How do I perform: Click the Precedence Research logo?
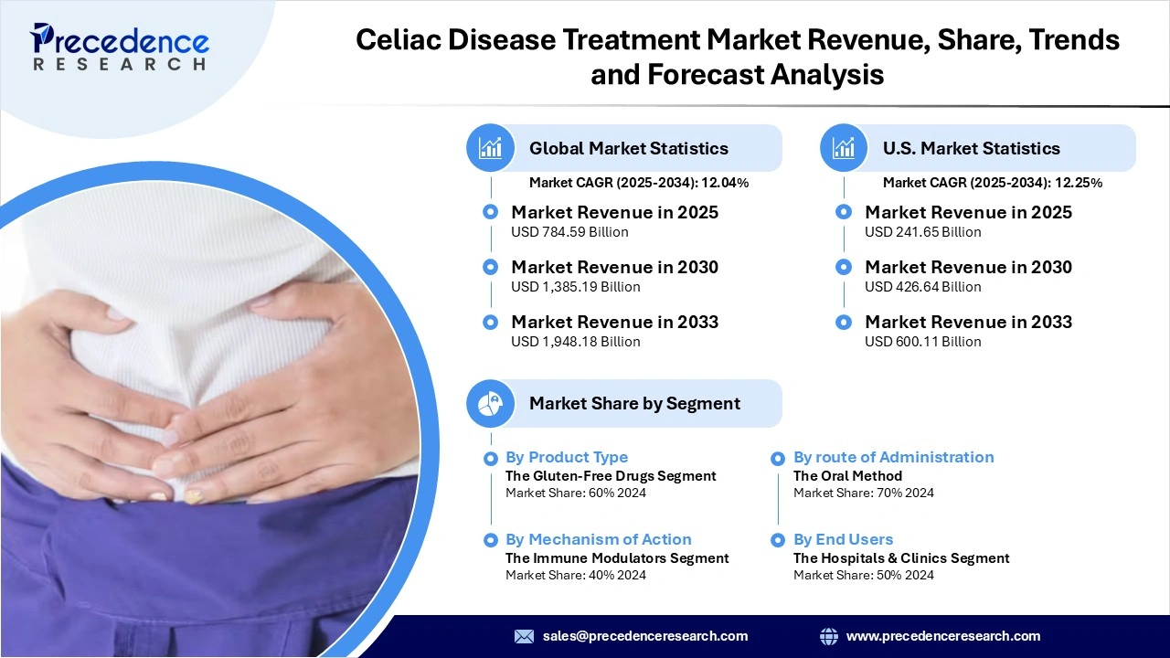[120, 46]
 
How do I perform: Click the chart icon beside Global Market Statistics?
[491, 148]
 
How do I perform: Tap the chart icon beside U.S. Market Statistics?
[844, 148]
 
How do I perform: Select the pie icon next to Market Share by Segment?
[491, 403]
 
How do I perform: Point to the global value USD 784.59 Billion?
[569, 232]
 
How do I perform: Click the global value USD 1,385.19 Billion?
[575, 287]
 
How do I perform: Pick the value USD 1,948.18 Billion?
[575, 342]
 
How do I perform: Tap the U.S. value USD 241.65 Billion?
[922, 232]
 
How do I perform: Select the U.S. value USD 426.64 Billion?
[922, 287]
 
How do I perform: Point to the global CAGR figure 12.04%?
[725, 183]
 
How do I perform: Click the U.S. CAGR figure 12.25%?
[1079, 183]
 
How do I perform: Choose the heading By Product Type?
[567, 457]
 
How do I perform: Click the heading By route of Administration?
[893, 457]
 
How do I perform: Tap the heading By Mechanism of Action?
[598, 539]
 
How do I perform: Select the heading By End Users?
[843, 539]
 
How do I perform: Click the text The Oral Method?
[847, 475]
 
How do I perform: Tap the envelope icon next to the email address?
[524, 636]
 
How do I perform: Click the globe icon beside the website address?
[829, 636]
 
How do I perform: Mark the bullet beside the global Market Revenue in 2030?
[491, 267]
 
